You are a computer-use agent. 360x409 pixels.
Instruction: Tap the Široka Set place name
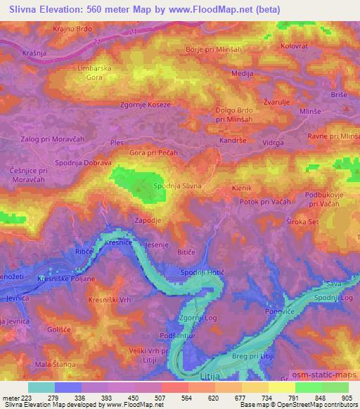(x=323, y=222)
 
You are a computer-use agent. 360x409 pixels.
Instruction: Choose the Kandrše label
(x=231, y=141)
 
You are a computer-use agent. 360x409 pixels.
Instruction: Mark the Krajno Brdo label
(x=72, y=29)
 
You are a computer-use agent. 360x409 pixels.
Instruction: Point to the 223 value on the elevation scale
(x=22, y=398)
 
